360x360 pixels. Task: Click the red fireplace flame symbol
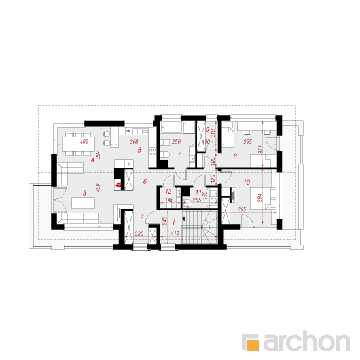(118, 185)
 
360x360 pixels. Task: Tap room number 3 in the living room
(84, 193)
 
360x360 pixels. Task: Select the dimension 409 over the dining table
(84, 142)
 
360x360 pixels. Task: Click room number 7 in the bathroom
(180, 153)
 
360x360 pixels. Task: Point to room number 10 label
(247, 183)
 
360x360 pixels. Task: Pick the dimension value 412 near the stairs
(175, 233)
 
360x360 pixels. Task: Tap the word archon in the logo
(307, 341)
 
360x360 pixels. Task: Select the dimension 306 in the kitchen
(134, 142)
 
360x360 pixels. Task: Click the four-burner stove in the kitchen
(153, 153)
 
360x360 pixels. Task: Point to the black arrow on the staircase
(183, 219)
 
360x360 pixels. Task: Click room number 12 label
(168, 191)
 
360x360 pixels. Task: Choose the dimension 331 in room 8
(260, 149)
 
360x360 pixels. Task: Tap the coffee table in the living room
(83, 203)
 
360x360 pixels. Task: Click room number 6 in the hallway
(145, 181)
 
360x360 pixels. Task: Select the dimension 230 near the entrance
(139, 234)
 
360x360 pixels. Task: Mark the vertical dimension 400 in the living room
(98, 188)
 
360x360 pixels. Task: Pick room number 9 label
(207, 130)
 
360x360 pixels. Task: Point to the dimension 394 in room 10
(259, 198)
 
